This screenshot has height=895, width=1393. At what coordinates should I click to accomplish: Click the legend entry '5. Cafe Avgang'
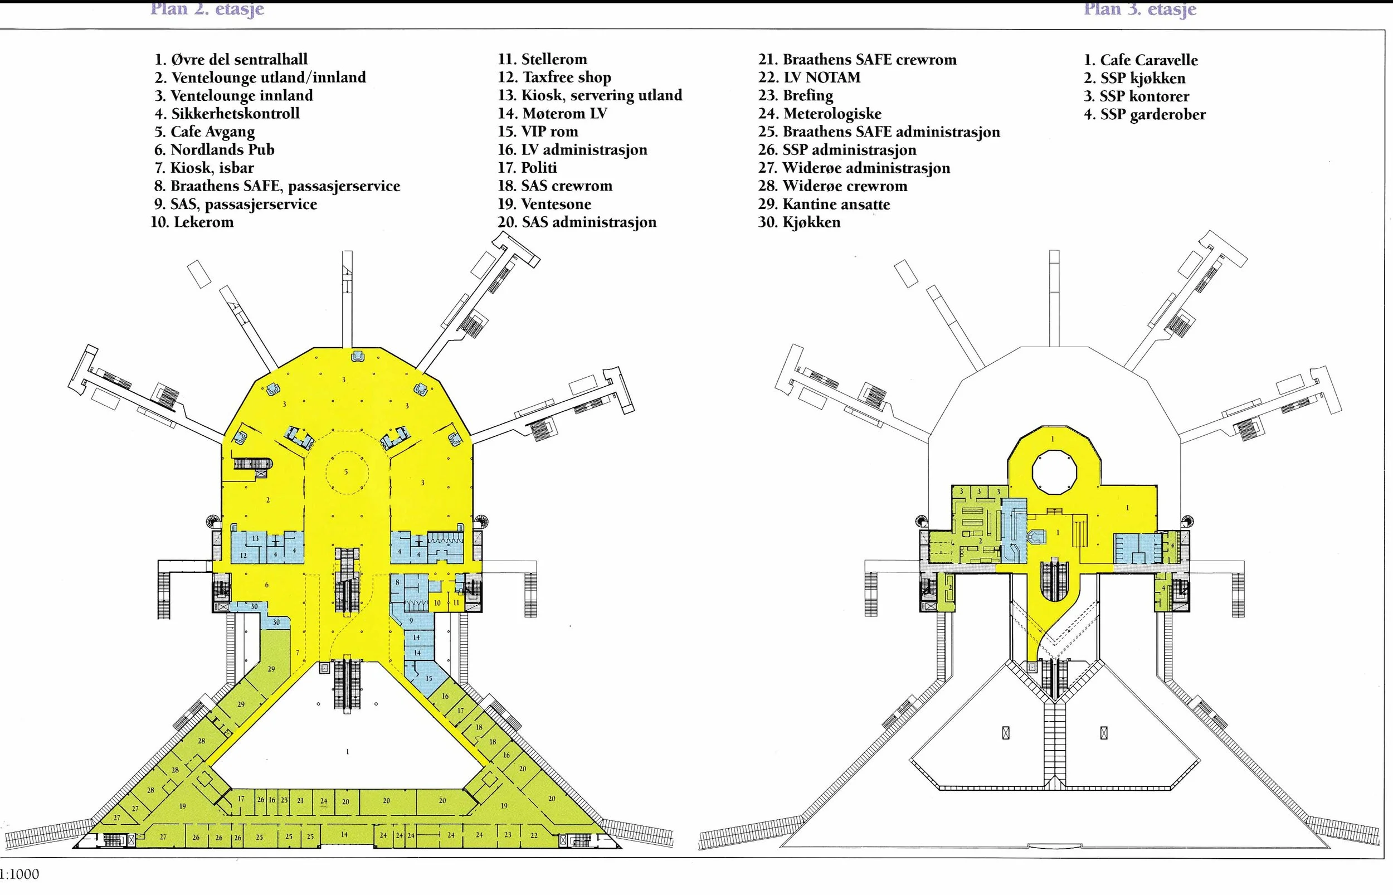tap(204, 132)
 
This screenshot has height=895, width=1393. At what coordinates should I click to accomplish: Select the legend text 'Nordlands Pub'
tap(222, 150)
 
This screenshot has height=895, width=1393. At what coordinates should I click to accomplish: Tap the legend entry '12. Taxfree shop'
tap(554, 77)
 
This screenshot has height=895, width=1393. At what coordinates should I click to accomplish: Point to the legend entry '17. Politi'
tap(527, 168)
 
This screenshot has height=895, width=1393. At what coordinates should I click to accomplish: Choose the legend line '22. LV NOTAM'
tap(809, 77)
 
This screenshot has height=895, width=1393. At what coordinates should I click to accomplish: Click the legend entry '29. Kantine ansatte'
tap(824, 205)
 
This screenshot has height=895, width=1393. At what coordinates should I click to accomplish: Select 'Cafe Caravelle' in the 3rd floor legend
tap(1140, 60)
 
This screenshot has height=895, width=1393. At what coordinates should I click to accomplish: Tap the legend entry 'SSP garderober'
tap(1144, 114)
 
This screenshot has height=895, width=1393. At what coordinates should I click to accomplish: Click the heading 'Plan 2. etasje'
tap(207, 9)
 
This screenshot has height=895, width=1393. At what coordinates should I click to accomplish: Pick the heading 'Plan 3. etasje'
tap(1139, 9)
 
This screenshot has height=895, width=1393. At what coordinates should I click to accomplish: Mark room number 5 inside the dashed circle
tap(345, 472)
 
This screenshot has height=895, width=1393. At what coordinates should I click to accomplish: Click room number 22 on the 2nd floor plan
tap(534, 835)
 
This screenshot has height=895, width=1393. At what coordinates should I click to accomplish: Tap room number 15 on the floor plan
tap(428, 678)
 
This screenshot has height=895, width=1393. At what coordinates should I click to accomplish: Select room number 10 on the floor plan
tap(437, 603)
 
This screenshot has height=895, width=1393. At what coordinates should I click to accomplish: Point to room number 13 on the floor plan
tap(255, 539)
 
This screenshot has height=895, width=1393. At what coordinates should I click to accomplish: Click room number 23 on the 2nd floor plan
tap(508, 835)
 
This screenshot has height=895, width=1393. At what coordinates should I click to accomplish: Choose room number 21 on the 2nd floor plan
tap(300, 800)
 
